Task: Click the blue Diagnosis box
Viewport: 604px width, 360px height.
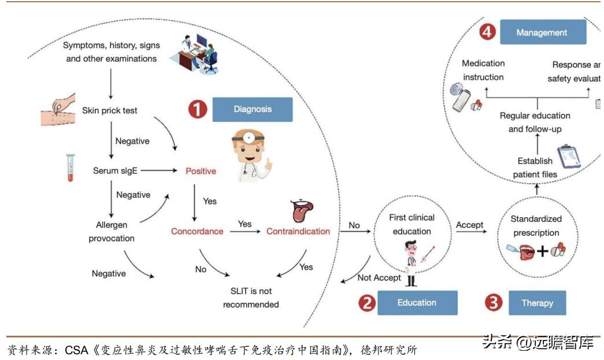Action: [x=253, y=109]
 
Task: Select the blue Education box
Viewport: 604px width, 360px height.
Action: [x=417, y=303]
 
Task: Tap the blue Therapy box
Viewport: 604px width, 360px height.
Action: [x=537, y=303]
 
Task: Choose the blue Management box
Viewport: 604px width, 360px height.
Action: [x=542, y=33]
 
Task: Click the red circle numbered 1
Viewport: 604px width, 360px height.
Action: [x=198, y=109]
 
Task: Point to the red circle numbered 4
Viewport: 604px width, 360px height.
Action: [x=487, y=32]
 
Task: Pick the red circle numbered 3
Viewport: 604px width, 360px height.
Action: [x=493, y=303]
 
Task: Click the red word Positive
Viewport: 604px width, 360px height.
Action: [x=201, y=171]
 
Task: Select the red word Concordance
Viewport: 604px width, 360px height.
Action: [x=197, y=231]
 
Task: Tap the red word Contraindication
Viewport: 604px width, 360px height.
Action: [x=298, y=231]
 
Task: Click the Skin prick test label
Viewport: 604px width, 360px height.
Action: [x=110, y=110]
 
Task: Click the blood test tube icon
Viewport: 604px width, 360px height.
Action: [x=71, y=168]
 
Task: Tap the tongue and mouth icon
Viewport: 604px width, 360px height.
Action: [x=302, y=211]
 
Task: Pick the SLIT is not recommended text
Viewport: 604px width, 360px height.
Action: [x=251, y=298]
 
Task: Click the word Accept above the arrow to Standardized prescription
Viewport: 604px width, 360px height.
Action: [x=469, y=225]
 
